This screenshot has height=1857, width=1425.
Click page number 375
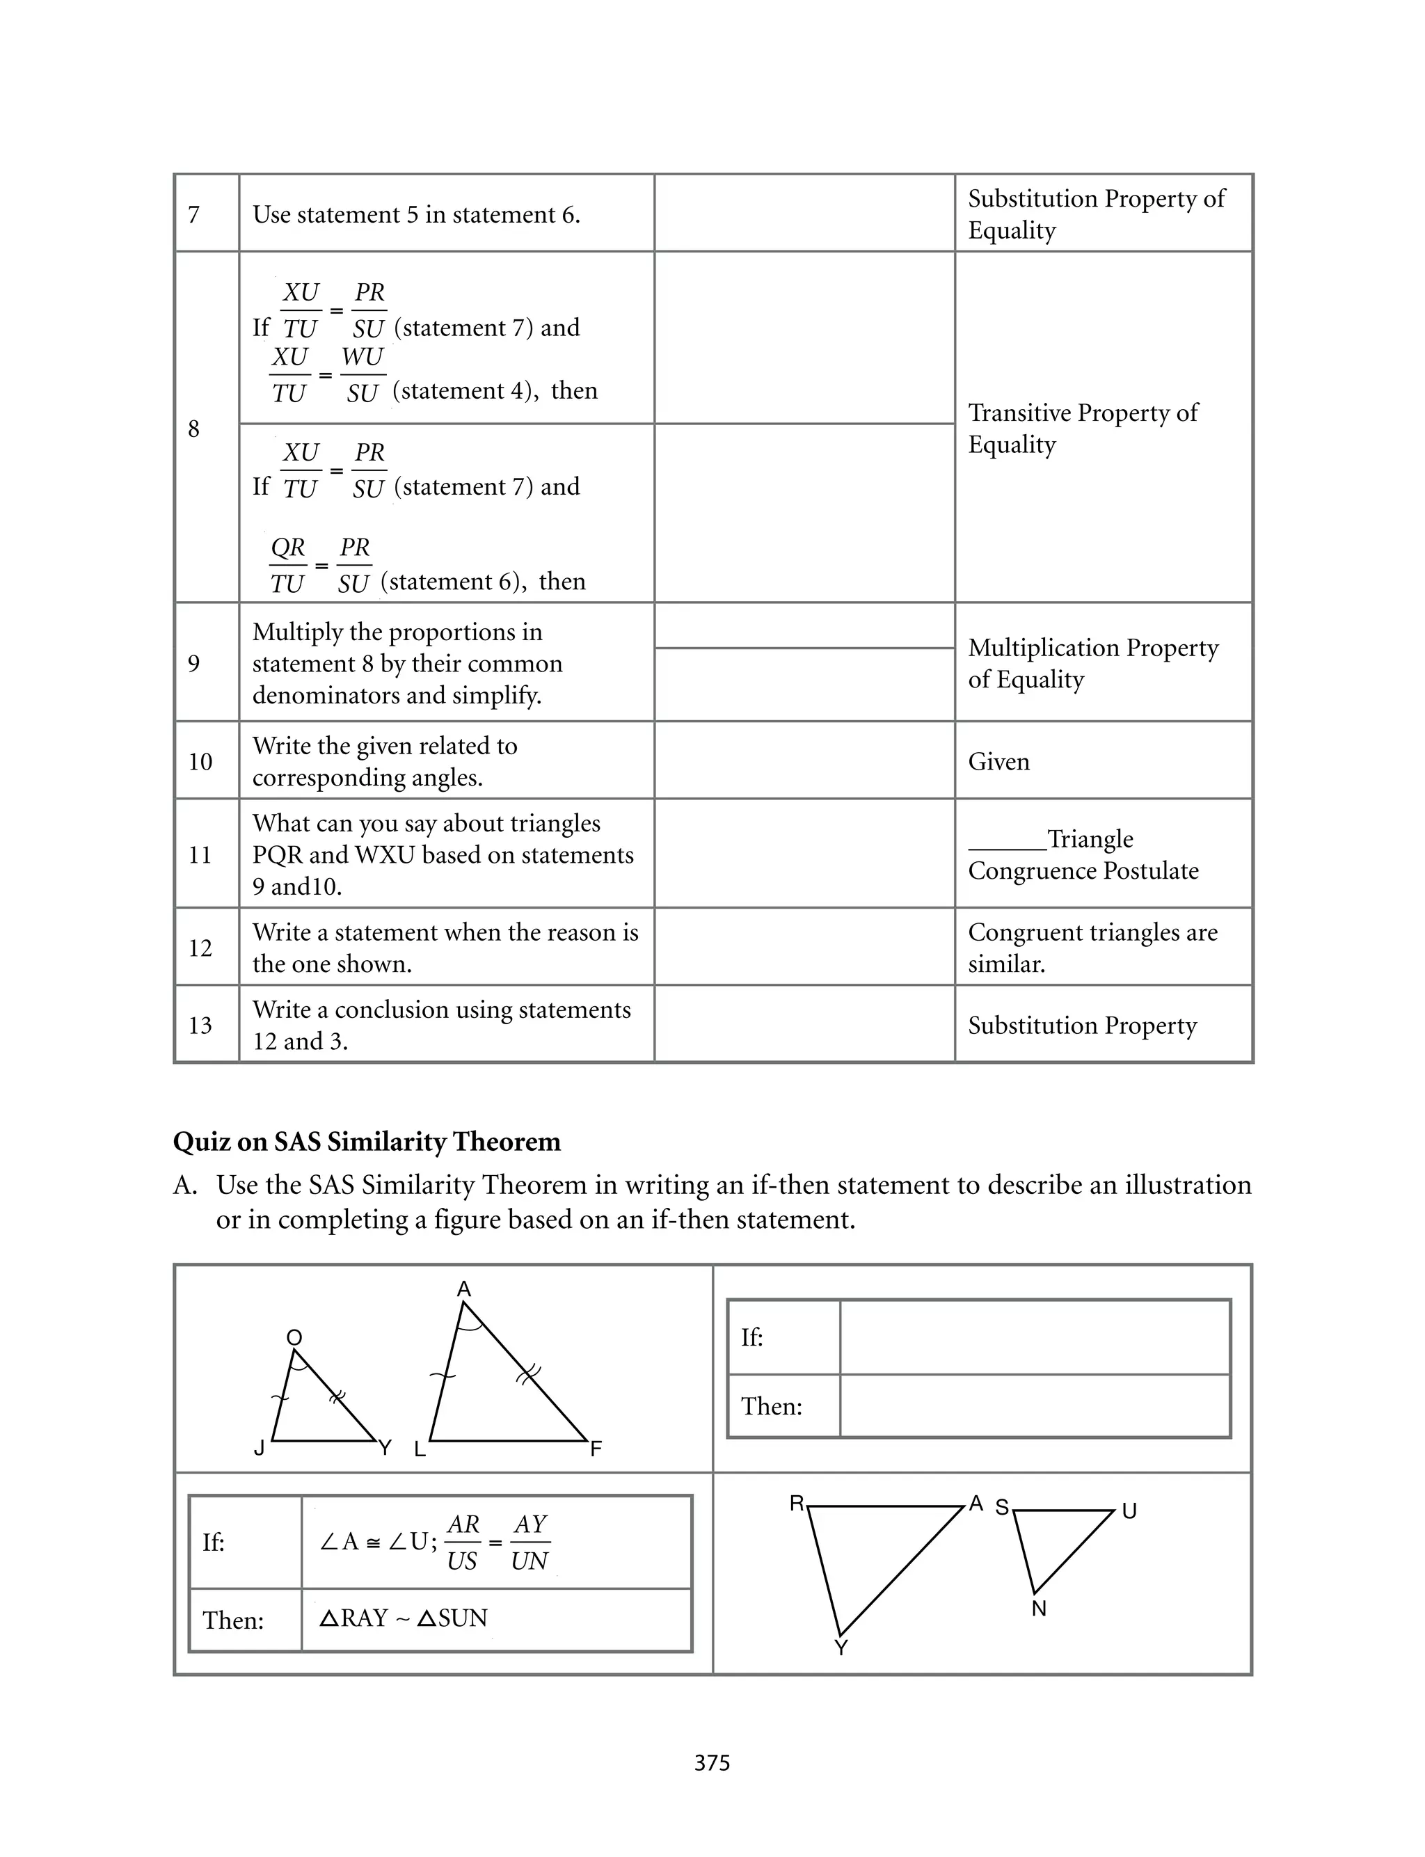click(x=712, y=1763)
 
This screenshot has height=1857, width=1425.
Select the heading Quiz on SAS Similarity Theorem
click(x=367, y=1141)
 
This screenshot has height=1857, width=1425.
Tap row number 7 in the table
click(x=193, y=214)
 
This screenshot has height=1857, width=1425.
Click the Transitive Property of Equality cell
click(x=1083, y=428)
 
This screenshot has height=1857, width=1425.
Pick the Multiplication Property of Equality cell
click(x=1093, y=663)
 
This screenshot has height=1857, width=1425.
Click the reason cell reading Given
click(x=998, y=761)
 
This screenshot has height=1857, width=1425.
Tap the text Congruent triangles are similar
click(x=1092, y=947)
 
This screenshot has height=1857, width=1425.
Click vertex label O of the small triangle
click(x=294, y=1337)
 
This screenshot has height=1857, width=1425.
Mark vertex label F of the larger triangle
click(x=596, y=1449)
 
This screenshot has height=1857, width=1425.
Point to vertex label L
click(x=419, y=1449)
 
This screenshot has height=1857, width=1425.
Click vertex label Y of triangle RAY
click(x=841, y=1648)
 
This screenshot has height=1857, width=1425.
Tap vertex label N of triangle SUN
click(x=1039, y=1609)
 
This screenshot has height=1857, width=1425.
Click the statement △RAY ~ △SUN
click(x=404, y=1618)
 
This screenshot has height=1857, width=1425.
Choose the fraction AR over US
click(x=463, y=1543)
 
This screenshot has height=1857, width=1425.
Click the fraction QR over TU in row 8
click(x=288, y=566)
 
